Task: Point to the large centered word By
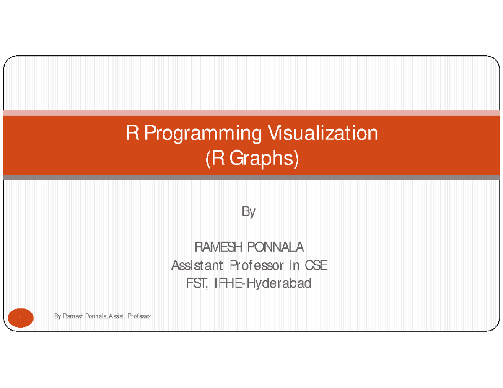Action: click(248, 213)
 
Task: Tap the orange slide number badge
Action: click(20, 320)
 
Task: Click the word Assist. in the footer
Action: click(117, 316)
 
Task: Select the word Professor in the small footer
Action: click(140, 316)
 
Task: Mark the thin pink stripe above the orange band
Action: click(251, 113)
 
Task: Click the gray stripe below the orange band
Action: click(251, 178)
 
